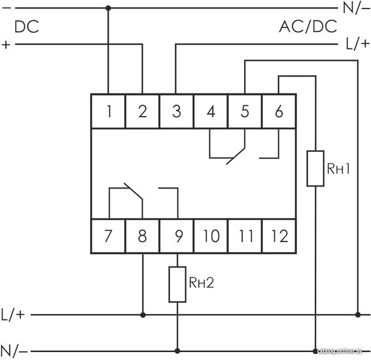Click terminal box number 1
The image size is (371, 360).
point(108,111)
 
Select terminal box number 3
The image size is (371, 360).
point(177,111)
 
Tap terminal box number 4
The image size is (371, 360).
point(211,111)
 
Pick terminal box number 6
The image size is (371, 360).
point(279,111)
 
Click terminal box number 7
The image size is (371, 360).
point(108,236)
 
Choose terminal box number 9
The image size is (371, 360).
point(177,236)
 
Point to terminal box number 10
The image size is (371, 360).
point(211,236)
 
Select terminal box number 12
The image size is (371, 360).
point(279,236)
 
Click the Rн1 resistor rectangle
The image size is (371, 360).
point(315,168)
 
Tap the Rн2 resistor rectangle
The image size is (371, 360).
point(177,285)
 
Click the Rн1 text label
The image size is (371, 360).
point(338,168)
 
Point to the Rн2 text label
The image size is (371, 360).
point(202,282)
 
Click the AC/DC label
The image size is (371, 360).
point(308,26)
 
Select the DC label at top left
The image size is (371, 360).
point(26,26)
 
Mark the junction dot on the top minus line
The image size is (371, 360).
point(109,9)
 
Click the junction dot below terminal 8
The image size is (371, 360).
point(143,315)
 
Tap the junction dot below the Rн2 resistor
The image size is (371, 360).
point(177,351)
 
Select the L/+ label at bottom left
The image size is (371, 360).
point(13,315)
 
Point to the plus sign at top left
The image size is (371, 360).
point(6,45)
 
